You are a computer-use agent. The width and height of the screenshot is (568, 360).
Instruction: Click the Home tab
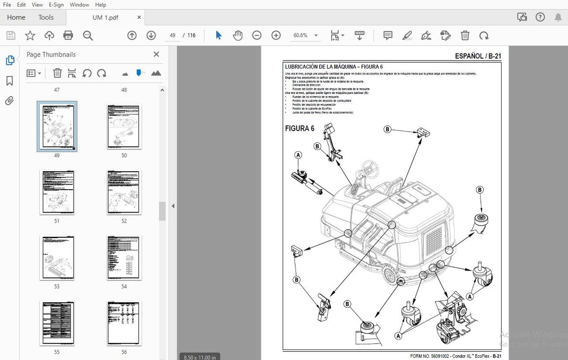coord(16,17)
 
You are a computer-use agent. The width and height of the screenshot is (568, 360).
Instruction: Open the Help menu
coord(100,5)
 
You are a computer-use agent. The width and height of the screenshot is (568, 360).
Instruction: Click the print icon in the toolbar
coord(68,36)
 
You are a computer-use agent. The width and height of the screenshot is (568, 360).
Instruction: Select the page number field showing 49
coord(172,36)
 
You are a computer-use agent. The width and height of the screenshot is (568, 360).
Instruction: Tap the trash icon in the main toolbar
coord(464,36)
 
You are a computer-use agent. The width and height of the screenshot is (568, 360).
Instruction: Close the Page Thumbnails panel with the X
coord(156,55)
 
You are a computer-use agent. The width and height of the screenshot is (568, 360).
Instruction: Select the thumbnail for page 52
coord(124,192)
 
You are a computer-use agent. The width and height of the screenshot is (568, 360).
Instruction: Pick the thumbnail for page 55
coord(57,323)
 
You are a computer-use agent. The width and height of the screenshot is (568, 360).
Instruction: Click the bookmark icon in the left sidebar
coord(10,81)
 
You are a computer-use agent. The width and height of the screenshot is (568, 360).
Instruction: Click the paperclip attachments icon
coord(10,101)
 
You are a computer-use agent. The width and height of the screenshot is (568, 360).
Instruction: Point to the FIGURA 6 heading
coord(300,129)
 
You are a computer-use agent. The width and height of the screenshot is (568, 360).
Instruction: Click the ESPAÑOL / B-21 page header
coord(478,56)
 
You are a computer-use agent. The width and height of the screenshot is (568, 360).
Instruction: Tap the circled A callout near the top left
coord(298,155)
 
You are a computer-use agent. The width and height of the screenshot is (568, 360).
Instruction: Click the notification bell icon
coord(558,17)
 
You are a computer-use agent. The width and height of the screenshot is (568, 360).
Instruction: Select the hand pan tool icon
coord(237,36)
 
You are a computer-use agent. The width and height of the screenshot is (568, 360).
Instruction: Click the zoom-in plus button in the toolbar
coord(276,36)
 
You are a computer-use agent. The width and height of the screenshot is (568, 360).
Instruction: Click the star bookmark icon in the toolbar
coord(30,36)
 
